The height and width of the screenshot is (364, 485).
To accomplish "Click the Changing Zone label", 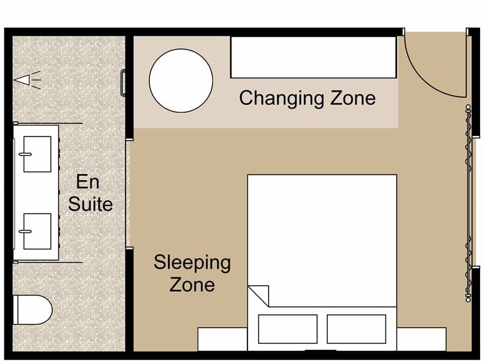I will click(x=307, y=98).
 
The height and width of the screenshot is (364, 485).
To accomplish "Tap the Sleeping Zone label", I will click(x=192, y=273).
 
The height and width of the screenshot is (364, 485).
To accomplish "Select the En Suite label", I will click(x=90, y=192).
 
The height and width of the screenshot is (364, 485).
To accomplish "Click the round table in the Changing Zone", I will click(x=181, y=81).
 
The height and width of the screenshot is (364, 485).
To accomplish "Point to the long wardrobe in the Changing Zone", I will click(x=313, y=57).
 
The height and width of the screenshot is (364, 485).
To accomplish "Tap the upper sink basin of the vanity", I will click(x=36, y=154).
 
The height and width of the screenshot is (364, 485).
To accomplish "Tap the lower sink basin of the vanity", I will click(x=36, y=231).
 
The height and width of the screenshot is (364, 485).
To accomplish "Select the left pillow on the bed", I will click(x=287, y=329).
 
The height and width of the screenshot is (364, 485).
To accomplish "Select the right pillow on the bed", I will click(x=356, y=329).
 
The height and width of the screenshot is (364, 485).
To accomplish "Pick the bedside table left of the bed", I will click(x=222, y=339).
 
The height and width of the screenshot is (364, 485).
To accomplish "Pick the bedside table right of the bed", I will click(x=421, y=339).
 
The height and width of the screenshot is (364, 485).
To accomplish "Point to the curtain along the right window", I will click(x=468, y=203).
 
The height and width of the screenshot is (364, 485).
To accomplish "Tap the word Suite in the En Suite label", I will click(x=90, y=203).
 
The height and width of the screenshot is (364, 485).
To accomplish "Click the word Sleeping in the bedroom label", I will click(x=192, y=263).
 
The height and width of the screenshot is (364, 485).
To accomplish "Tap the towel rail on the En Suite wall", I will click(x=124, y=83).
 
